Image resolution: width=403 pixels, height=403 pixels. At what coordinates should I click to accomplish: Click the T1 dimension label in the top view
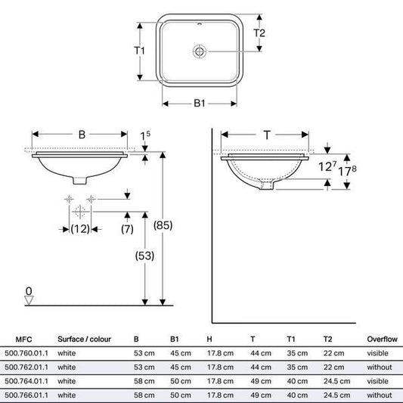[x=140, y=51]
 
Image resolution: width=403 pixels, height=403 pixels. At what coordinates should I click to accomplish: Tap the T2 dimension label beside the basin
[x=259, y=33]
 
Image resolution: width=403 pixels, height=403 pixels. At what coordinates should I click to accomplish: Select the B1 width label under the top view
[x=200, y=104]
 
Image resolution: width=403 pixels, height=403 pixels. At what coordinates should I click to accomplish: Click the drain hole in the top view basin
[x=200, y=51]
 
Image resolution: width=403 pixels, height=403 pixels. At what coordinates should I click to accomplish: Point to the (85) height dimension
[x=163, y=225]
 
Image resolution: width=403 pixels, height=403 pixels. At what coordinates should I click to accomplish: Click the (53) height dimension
[x=144, y=256]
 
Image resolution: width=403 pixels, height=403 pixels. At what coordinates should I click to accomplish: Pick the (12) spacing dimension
[x=80, y=229]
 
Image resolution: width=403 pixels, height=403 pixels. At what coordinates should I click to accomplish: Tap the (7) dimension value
[x=127, y=229]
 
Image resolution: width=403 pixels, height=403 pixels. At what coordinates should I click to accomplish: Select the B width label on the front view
[x=82, y=135]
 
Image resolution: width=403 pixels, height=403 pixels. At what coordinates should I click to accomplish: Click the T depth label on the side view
[x=267, y=135]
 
